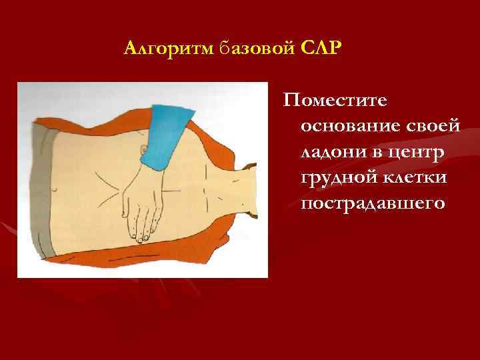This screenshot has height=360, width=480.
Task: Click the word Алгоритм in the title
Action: (168, 49)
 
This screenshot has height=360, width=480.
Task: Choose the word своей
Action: (433, 125)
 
